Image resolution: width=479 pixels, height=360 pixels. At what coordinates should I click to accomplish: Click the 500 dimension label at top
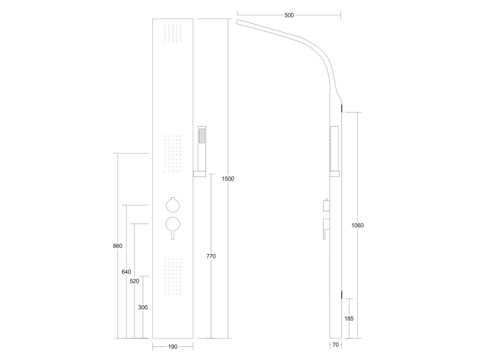[289, 15]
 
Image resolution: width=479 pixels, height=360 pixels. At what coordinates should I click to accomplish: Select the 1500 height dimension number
[228, 179]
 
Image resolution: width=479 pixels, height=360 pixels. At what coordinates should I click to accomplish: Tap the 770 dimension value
[211, 256]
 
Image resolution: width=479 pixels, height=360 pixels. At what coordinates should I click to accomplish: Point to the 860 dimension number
[118, 246]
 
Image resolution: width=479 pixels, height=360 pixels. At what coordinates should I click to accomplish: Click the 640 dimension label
[126, 272]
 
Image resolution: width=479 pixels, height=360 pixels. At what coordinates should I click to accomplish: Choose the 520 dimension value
[135, 281]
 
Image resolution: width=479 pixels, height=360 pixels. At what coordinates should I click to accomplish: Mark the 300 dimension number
[143, 307]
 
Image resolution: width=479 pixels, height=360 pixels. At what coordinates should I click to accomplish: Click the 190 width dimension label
[172, 347]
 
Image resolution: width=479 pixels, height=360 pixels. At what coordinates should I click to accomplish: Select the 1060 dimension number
[358, 225]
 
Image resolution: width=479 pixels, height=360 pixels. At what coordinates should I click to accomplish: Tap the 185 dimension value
[349, 319]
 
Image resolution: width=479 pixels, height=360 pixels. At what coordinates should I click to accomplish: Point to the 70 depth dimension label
[335, 345]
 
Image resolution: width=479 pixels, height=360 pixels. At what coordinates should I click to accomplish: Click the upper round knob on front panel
[172, 205]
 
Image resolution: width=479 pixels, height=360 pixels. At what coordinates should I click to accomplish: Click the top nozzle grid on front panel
[173, 33]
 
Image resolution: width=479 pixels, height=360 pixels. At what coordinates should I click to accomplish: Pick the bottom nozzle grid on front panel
[173, 277]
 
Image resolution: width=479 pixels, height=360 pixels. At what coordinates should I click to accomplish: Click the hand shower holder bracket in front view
[200, 174]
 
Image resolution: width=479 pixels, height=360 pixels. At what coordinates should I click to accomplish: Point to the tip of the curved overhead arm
[236, 21]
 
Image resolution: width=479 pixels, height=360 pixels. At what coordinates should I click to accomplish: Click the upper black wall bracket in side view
[341, 108]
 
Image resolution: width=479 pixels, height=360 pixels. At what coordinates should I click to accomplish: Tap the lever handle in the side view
[326, 228]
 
